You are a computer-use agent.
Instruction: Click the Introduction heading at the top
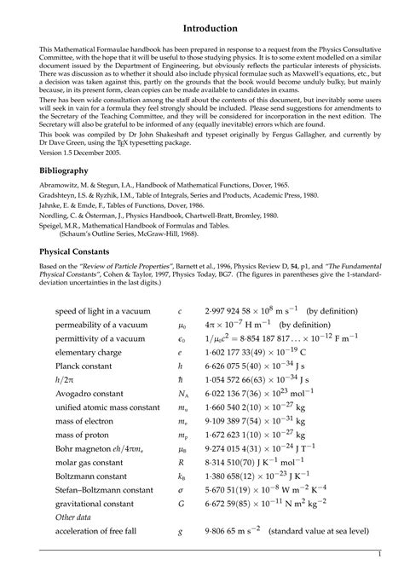click(x=202, y=29)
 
